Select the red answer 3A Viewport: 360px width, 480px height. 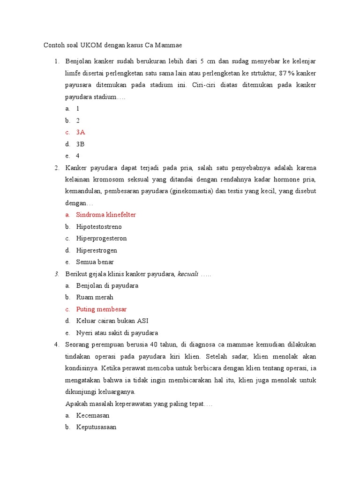pos(81,132)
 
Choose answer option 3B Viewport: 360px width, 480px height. pos(80,144)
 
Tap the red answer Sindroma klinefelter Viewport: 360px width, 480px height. pos(106,215)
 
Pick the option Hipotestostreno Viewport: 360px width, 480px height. pos(99,227)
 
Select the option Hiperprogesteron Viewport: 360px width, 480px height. pos(101,239)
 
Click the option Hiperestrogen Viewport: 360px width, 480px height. pos(97,250)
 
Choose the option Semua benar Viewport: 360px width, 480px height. pos(95,262)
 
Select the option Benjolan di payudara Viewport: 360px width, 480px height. pos(107,285)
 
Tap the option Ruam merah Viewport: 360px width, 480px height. pos(95,297)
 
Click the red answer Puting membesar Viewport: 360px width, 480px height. pos(101,309)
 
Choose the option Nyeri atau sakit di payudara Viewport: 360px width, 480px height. pos(117,333)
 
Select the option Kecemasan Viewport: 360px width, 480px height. pos(93,415)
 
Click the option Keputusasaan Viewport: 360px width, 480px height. pos(96,427)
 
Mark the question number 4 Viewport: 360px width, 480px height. pos(56,345)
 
